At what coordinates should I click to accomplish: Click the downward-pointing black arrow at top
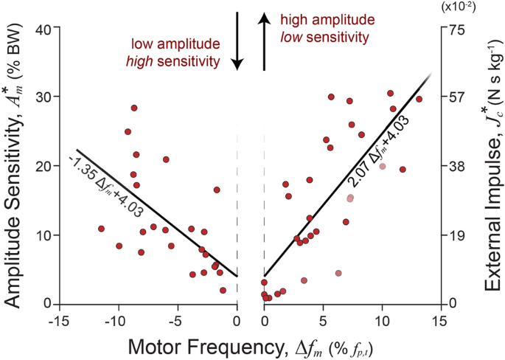click(237, 42)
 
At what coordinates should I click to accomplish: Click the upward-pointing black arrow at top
click(264, 42)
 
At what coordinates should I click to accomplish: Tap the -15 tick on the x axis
click(57, 322)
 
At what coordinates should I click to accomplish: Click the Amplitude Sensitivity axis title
click(15, 167)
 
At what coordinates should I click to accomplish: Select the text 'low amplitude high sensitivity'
click(175, 54)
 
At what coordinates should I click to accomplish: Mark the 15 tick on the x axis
click(439, 322)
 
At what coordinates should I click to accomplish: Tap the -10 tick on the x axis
click(116, 322)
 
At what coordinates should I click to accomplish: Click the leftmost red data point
click(101, 229)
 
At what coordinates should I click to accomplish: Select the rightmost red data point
click(419, 99)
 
